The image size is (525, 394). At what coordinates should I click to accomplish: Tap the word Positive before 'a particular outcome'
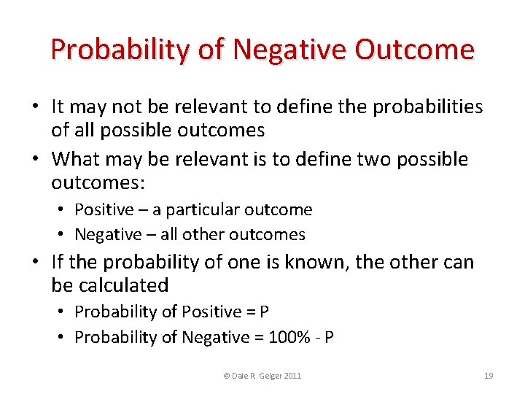(x=104, y=210)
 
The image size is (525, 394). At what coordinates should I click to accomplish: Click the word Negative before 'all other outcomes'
(x=108, y=234)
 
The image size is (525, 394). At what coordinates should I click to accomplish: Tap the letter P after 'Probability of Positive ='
(x=264, y=312)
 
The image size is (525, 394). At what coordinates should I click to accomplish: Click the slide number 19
(x=489, y=376)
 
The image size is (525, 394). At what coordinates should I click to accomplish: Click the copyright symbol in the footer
(x=227, y=376)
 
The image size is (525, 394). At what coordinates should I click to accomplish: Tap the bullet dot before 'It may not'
(x=35, y=107)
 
